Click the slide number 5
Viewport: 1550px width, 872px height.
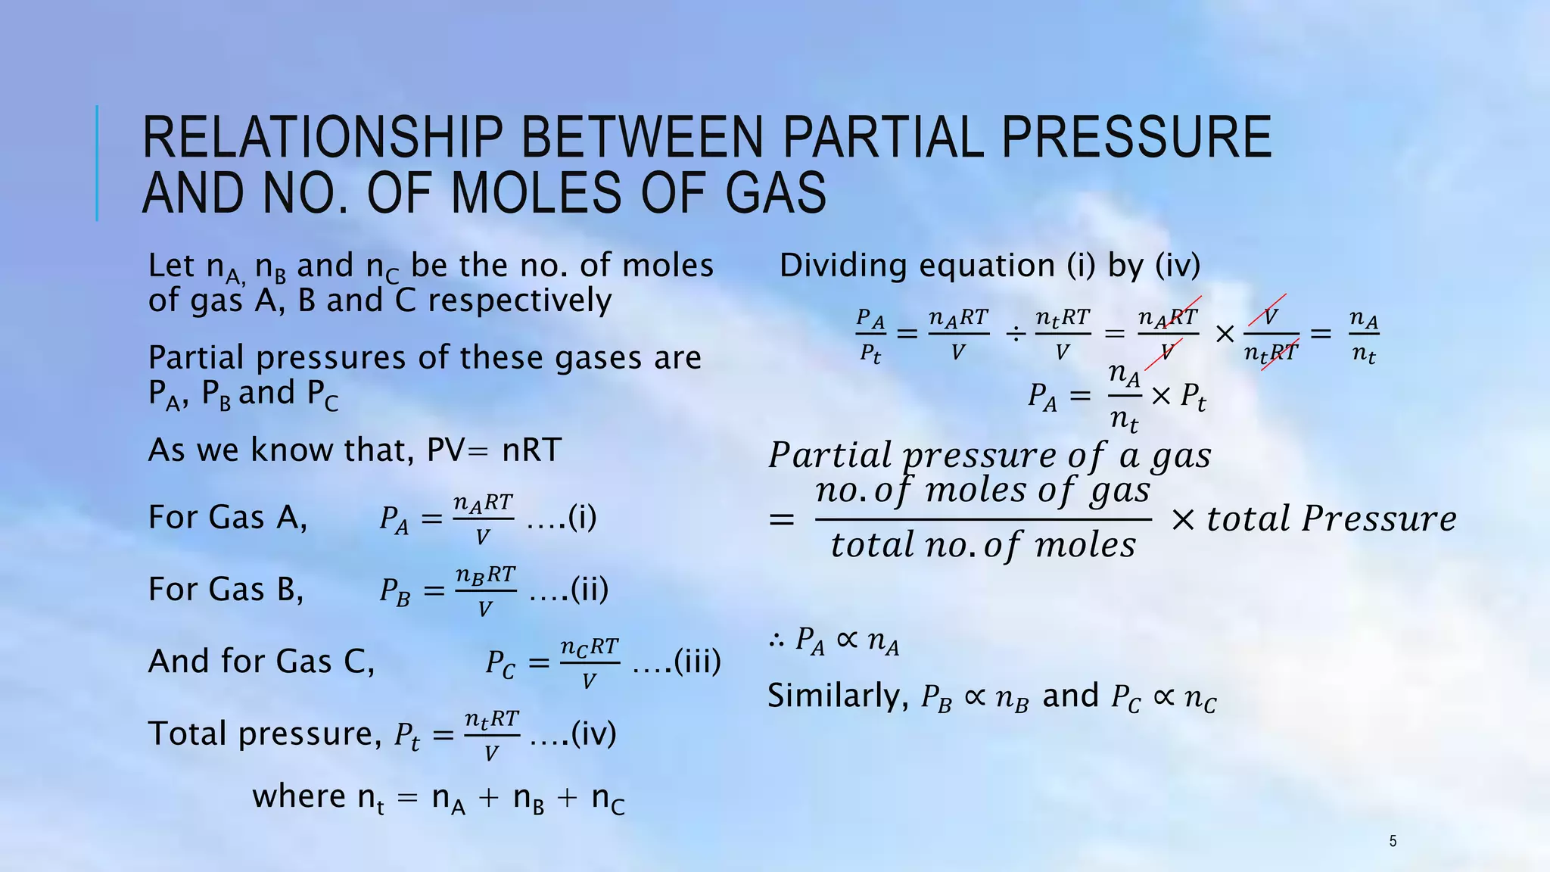[x=1393, y=840]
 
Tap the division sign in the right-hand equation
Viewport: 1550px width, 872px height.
[x=1015, y=333]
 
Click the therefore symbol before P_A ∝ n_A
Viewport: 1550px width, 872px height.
[x=777, y=641]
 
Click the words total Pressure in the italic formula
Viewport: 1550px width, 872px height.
[x=1331, y=519]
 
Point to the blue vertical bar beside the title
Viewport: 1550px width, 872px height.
[x=97, y=163]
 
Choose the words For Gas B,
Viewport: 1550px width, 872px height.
[x=226, y=589]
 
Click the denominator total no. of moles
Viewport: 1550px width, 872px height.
[x=982, y=545]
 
